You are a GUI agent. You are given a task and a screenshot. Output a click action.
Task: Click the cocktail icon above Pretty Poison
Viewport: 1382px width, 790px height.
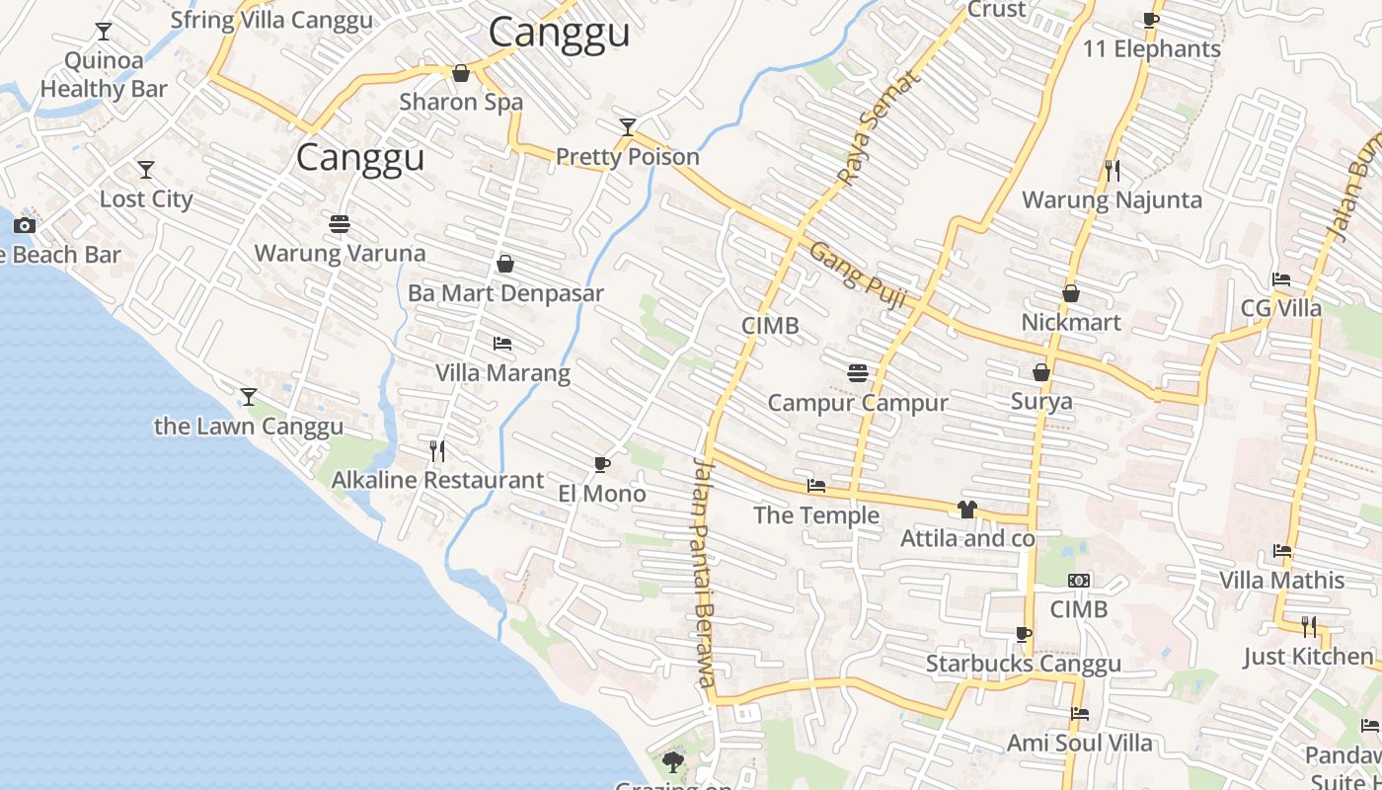pos(628,126)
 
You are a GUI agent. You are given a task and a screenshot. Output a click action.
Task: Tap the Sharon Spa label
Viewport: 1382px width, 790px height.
pos(461,102)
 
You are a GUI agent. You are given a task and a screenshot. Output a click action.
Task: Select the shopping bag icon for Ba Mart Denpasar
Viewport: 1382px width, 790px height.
pos(505,264)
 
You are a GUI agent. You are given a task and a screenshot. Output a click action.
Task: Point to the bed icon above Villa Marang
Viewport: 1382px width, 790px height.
pos(502,344)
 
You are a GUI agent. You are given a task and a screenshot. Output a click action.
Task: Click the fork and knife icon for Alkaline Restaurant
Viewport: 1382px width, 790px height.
pos(437,451)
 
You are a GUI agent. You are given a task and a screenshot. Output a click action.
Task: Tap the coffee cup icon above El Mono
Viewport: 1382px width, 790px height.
pos(602,464)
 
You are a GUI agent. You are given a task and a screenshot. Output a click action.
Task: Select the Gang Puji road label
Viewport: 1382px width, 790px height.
pos(858,276)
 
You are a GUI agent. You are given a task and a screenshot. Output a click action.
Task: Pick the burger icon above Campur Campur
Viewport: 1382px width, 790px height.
pos(858,373)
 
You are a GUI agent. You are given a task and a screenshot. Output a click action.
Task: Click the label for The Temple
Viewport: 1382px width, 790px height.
pos(816,515)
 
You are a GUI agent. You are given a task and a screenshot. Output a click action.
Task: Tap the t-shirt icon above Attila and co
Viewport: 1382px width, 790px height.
pos(966,510)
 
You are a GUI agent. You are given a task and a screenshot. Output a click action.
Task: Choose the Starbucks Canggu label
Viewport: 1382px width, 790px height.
pos(1023,664)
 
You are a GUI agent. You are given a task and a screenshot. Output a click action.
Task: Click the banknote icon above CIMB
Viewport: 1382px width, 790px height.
pos(1079,581)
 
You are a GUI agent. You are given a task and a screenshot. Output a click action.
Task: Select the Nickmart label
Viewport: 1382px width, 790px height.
pos(1071,323)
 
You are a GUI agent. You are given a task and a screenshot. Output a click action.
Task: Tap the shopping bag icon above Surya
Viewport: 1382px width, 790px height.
pos(1041,372)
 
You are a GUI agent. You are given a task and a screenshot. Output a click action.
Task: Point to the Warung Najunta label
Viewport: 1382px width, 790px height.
pos(1112,200)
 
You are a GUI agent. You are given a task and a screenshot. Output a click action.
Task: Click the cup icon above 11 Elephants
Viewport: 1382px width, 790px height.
pos(1151,20)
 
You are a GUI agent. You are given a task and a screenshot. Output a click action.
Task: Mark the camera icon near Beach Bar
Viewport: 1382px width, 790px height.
pos(25,225)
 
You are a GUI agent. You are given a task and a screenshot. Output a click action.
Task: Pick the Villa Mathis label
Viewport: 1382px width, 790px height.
pos(1281,580)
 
